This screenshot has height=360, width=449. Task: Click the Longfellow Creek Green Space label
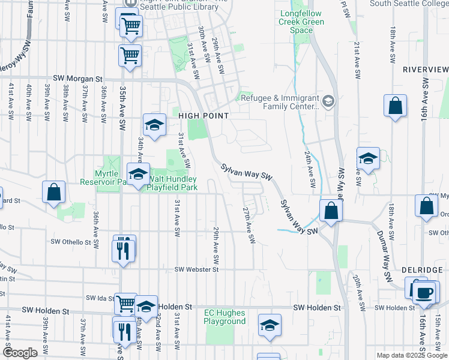tap(301, 22)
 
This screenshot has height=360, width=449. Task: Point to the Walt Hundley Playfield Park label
tap(173, 183)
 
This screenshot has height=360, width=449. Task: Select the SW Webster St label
tap(197, 270)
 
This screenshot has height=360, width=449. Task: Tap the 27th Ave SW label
tap(248, 226)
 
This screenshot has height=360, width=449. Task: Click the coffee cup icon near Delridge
tap(424, 292)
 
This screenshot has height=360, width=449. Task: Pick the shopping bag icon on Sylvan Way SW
tap(331, 211)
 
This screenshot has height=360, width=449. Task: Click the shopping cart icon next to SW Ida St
tap(125, 304)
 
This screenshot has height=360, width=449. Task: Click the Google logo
tap(20, 353)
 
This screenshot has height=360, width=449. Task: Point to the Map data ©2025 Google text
tap(411, 355)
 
